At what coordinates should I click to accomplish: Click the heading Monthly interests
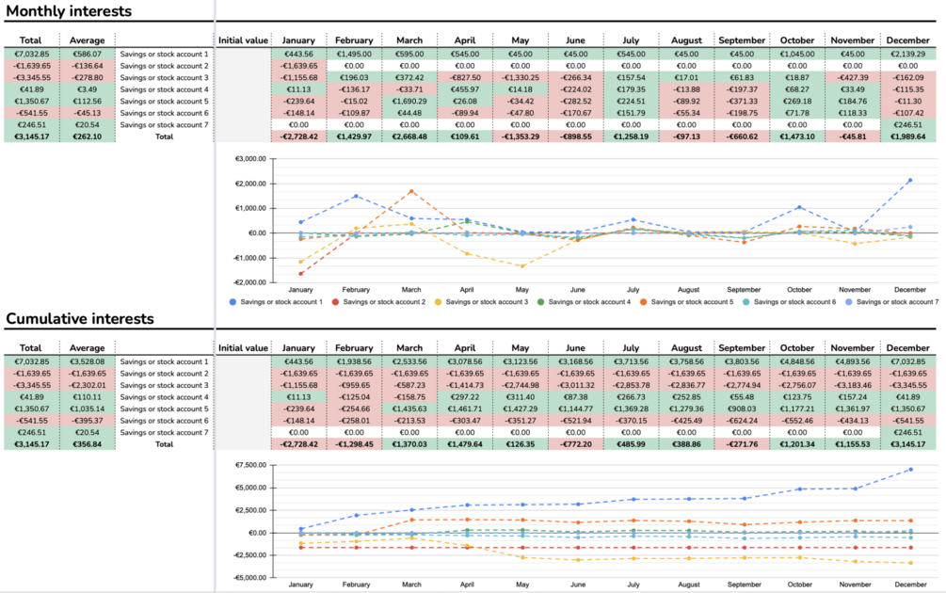[69, 11]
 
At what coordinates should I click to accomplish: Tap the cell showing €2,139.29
[907, 54]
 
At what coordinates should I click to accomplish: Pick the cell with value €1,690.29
[409, 101]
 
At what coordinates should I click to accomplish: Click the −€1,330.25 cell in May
[521, 77]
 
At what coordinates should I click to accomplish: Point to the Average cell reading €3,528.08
[88, 361]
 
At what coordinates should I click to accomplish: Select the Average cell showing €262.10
[88, 136]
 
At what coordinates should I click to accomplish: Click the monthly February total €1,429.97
[354, 136]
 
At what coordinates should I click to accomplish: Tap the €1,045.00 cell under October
[797, 54]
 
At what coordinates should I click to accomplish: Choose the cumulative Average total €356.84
[88, 443]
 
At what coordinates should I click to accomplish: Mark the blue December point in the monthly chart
[909, 180]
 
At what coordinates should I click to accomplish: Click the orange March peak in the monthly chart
[410, 191]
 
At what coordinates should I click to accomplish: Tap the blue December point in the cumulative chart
[909, 469]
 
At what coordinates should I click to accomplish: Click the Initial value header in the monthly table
[244, 40]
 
